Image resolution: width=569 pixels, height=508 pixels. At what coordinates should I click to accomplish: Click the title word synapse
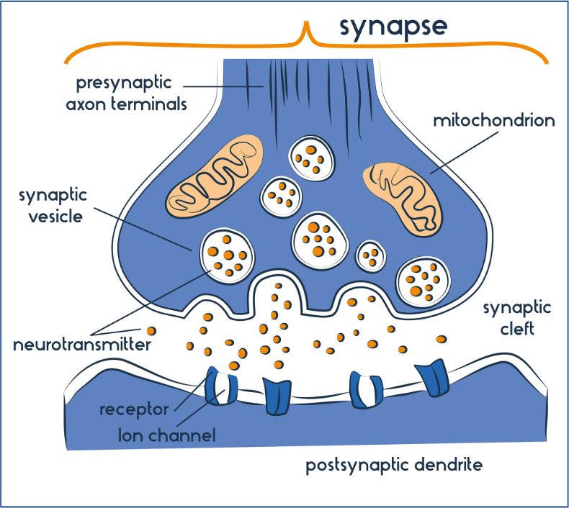(393, 26)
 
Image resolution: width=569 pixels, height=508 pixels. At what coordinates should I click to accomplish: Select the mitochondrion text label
(493, 120)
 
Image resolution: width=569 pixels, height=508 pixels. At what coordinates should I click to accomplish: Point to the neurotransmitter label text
(81, 345)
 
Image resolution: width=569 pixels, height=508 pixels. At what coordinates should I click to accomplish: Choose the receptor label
(135, 409)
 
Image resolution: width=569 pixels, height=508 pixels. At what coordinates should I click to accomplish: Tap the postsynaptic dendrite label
(393, 465)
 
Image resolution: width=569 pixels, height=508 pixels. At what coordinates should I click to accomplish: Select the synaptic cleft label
(516, 318)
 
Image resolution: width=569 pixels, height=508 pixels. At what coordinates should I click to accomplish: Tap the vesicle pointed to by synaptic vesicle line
(227, 254)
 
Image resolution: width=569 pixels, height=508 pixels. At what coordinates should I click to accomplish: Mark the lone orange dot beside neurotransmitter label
(151, 331)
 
